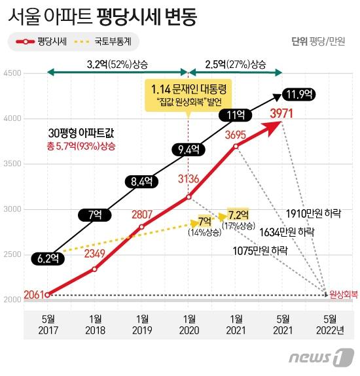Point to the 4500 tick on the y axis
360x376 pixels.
pos(12,73)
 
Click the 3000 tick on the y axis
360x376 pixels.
pos(12,209)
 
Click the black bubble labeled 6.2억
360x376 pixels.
pos(46,258)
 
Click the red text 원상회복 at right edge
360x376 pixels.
pos(344,295)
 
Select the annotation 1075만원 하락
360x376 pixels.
pos(260,250)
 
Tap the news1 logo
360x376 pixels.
pos(320,358)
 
